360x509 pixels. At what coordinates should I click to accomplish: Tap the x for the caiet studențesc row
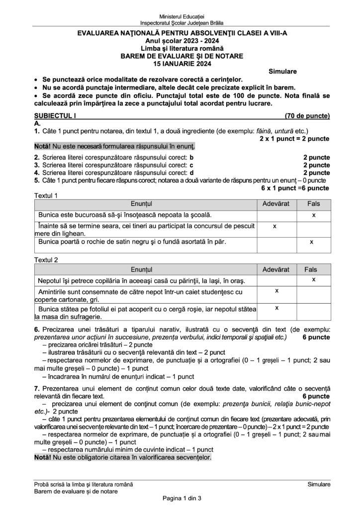276,291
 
